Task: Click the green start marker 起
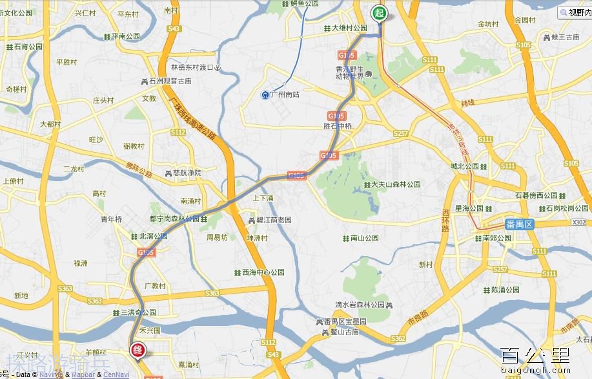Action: click(378, 13)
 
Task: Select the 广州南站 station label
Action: click(284, 95)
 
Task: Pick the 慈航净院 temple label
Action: click(187, 173)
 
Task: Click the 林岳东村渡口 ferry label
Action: click(192, 67)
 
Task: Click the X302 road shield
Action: click(579, 222)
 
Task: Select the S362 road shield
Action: click(398, 338)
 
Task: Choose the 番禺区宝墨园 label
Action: click(345, 322)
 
